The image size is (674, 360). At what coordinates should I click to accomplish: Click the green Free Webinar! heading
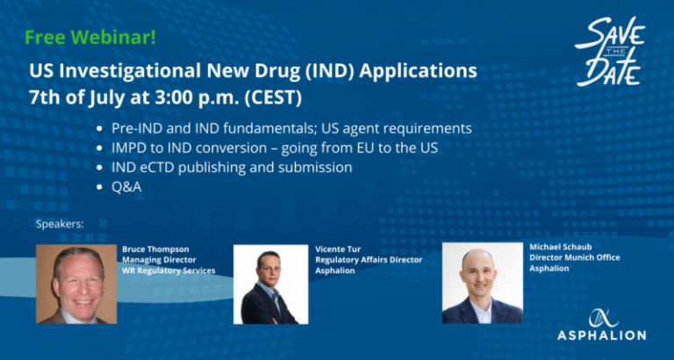coord(90,39)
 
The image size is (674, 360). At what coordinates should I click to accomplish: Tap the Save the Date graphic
coord(611,53)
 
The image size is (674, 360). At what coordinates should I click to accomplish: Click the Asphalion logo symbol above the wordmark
coord(601,318)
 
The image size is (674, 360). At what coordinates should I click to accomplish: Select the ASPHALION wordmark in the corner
coord(601,335)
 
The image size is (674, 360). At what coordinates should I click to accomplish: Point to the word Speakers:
coord(60,224)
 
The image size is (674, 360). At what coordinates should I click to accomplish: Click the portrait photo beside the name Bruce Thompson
coord(76,284)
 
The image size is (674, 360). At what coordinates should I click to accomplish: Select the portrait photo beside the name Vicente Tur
coord(271,284)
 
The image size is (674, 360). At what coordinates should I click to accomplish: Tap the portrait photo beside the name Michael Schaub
coord(483,283)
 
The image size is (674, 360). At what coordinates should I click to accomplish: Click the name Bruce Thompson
coord(155,249)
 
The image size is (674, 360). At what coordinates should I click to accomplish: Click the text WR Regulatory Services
coord(168,270)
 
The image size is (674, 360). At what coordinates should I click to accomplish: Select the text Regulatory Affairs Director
coord(369,260)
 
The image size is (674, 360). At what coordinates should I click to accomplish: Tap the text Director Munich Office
coord(575,257)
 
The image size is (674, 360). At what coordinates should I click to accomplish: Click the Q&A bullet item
coord(126,187)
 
